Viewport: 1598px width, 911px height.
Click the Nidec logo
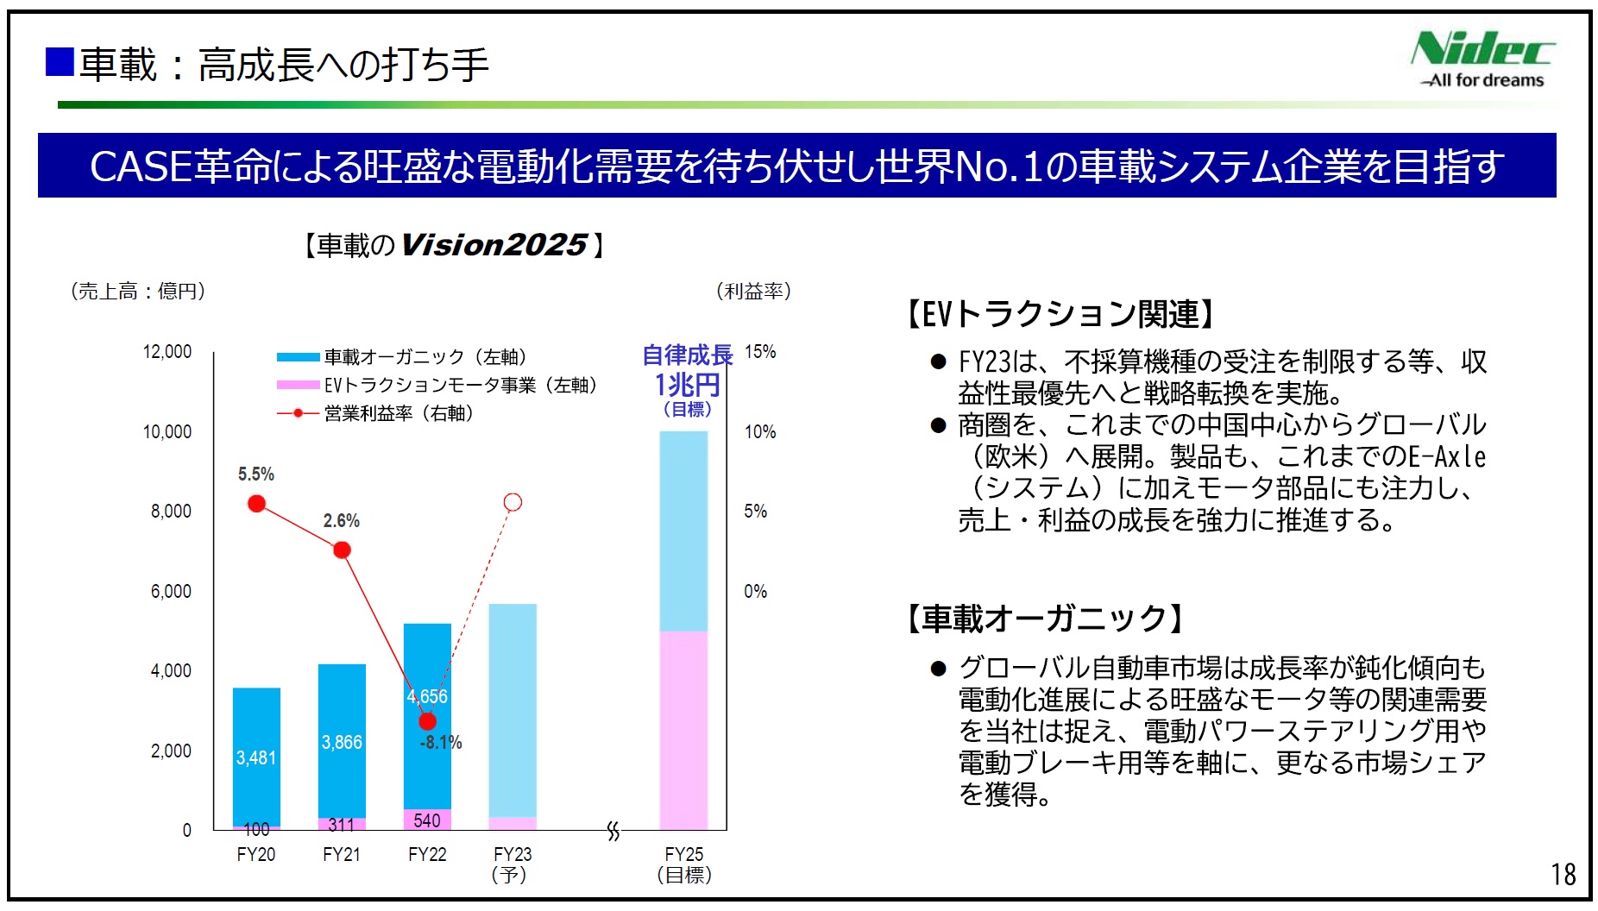(x=1482, y=59)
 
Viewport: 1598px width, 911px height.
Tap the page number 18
(x=1563, y=875)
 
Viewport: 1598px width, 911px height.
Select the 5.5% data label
(x=255, y=474)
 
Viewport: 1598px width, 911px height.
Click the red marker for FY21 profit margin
(x=342, y=550)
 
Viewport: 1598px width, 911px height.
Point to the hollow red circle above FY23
(x=513, y=502)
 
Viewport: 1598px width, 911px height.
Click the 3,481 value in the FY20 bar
(x=256, y=757)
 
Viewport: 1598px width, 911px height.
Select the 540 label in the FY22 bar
(x=427, y=820)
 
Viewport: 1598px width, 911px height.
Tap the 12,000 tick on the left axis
(x=167, y=352)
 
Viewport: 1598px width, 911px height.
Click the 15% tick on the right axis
(x=760, y=352)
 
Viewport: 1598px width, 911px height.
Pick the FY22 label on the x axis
(x=427, y=854)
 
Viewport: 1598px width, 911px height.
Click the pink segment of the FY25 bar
(x=683, y=729)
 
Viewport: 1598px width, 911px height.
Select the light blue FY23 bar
(x=513, y=707)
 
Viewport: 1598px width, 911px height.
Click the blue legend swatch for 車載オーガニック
(x=298, y=357)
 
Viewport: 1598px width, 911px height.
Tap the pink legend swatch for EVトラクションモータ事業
(x=298, y=385)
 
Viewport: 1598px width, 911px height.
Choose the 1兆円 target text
(x=687, y=384)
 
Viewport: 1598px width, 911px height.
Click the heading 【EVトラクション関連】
(x=1061, y=314)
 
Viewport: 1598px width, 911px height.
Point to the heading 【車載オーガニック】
(x=1045, y=619)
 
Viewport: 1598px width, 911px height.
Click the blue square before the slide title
(x=60, y=62)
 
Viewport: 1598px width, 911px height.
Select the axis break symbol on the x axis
(x=613, y=831)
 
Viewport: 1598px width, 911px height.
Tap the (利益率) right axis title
(x=753, y=292)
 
